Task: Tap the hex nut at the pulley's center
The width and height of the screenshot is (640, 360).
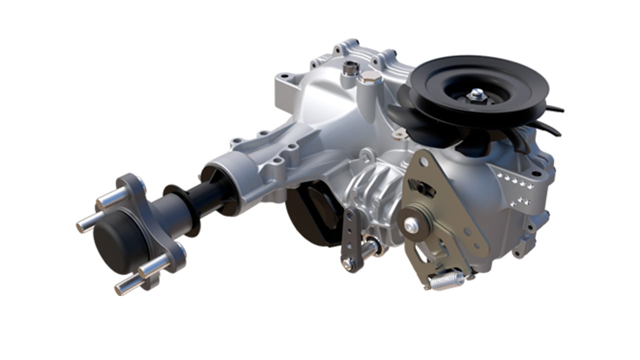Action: [x=476, y=93]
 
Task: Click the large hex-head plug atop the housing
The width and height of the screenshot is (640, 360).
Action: [x=370, y=77]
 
